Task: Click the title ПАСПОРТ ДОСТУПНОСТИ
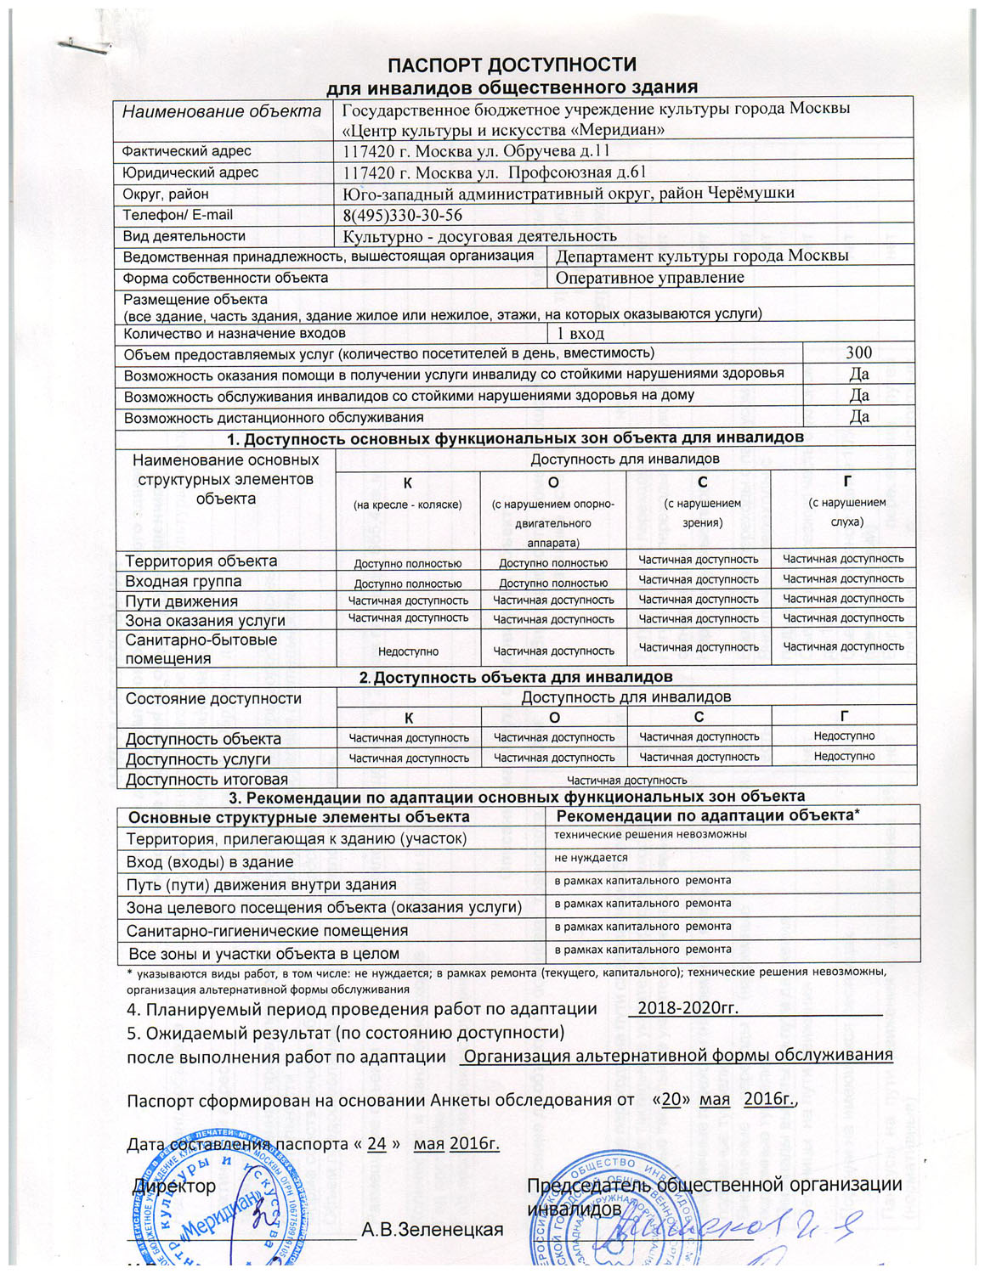(x=512, y=65)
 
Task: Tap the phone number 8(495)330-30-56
(x=403, y=216)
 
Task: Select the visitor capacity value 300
(x=858, y=352)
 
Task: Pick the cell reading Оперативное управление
(x=649, y=278)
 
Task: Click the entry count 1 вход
(x=580, y=333)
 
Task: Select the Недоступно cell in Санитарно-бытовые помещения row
(x=408, y=651)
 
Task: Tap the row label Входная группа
(x=183, y=582)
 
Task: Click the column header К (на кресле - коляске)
(x=408, y=493)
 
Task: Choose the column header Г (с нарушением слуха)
(x=846, y=501)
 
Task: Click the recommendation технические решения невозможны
(x=650, y=834)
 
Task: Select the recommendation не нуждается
(x=591, y=858)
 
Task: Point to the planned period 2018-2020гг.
(x=688, y=1009)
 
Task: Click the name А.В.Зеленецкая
(x=432, y=1230)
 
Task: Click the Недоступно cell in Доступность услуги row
(x=844, y=757)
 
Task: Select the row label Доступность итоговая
(x=207, y=780)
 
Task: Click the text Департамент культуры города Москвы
(x=702, y=256)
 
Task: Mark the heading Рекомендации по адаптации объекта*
(x=708, y=815)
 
